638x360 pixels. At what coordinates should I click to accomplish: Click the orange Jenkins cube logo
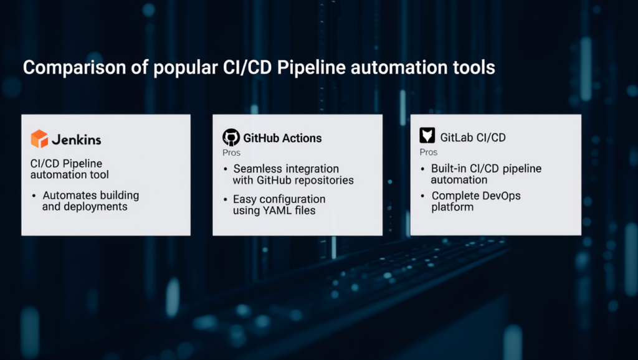pyautogui.click(x=39, y=138)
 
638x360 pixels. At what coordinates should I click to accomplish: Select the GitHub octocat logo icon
pyautogui.click(x=231, y=138)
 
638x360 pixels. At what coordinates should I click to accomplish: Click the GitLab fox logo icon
pyautogui.click(x=428, y=136)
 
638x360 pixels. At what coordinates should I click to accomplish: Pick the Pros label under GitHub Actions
pyautogui.click(x=231, y=153)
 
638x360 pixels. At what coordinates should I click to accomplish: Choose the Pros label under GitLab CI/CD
pyautogui.click(x=428, y=152)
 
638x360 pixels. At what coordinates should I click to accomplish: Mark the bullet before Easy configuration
pyautogui.click(x=225, y=200)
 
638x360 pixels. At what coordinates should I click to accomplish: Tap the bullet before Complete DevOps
pyautogui.click(x=423, y=196)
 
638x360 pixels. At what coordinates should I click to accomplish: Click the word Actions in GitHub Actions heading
pyautogui.click(x=300, y=138)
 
